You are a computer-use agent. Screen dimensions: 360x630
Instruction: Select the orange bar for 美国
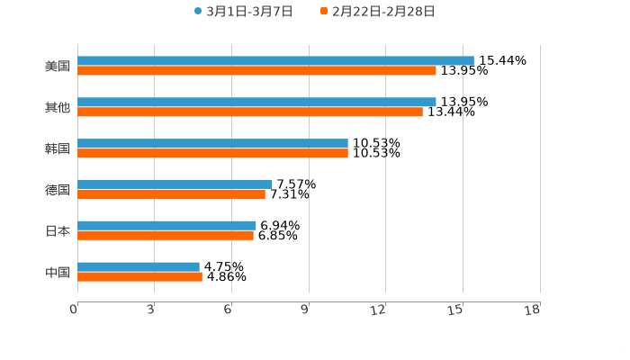point(256,70)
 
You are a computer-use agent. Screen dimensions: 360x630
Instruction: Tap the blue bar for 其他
point(256,102)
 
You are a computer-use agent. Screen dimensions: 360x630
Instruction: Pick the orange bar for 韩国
point(212,154)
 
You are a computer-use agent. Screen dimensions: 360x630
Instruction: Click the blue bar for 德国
point(175,184)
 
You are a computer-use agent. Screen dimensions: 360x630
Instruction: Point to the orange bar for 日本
point(166,236)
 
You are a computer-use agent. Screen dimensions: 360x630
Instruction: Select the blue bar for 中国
point(139,266)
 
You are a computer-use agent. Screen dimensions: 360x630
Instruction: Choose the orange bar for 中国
point(139,276)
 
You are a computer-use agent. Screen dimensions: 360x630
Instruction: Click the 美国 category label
point(58,66)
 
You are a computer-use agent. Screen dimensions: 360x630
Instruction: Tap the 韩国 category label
point(58,148)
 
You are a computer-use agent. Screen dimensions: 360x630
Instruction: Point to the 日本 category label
point(58,230)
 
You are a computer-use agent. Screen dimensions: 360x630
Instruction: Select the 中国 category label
point(58,272)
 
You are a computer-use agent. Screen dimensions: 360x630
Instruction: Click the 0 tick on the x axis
point(75,310)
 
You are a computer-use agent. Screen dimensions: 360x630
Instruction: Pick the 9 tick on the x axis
point(305,310)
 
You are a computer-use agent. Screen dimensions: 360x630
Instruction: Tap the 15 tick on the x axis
point(458,310)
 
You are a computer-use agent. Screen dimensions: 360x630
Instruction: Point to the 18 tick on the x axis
point(535,310)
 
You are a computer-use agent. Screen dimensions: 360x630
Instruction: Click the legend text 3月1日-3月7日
point(249,12)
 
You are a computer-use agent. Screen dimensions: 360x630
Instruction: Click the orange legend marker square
point(324,12)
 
